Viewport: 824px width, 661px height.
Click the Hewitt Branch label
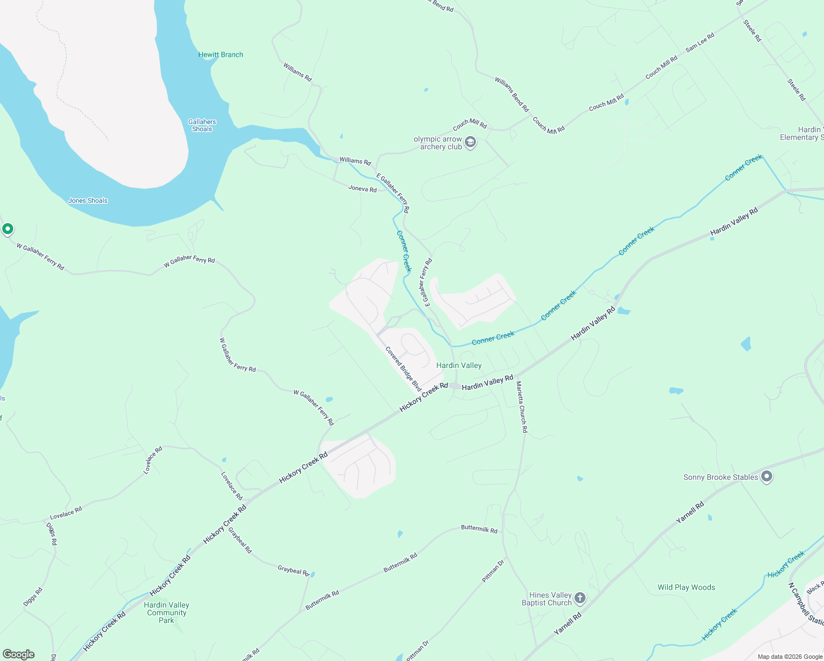[220, 55]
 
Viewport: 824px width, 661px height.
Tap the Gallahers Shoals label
[202, 126]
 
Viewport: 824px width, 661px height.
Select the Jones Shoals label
[88, 201]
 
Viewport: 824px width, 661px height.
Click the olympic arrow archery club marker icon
[470, 143]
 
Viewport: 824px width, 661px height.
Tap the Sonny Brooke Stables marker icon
[766, 477]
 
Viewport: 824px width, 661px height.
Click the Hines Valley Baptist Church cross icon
[579, 598]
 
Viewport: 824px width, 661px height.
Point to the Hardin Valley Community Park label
[166, 613]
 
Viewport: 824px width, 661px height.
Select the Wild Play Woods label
[686, 588]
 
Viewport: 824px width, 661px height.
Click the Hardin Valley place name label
[459, 365]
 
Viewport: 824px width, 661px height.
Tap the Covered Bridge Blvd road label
[403, 369]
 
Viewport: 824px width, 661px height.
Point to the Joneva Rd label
[362, 189]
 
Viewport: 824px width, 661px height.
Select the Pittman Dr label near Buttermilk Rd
[493, 572]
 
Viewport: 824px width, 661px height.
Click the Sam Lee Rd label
[700, 42]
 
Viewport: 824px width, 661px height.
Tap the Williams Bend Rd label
[511, 95]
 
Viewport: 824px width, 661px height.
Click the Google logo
[19, 654]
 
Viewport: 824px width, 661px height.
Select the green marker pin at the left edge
[8, 229]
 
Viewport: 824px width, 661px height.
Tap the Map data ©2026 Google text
[789, 657]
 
